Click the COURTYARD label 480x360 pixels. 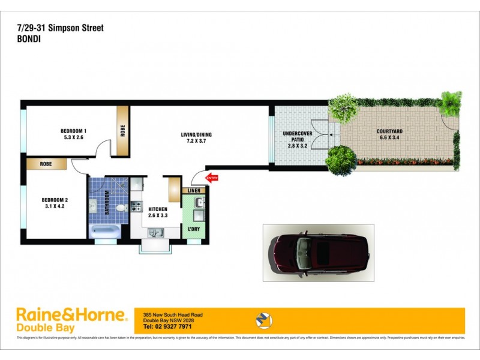point(390,132)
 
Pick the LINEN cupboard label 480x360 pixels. point(194,190)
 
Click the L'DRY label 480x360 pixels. point(193,230)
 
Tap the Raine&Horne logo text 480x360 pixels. point(71,314)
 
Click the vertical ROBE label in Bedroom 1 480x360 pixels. point(122,130)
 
